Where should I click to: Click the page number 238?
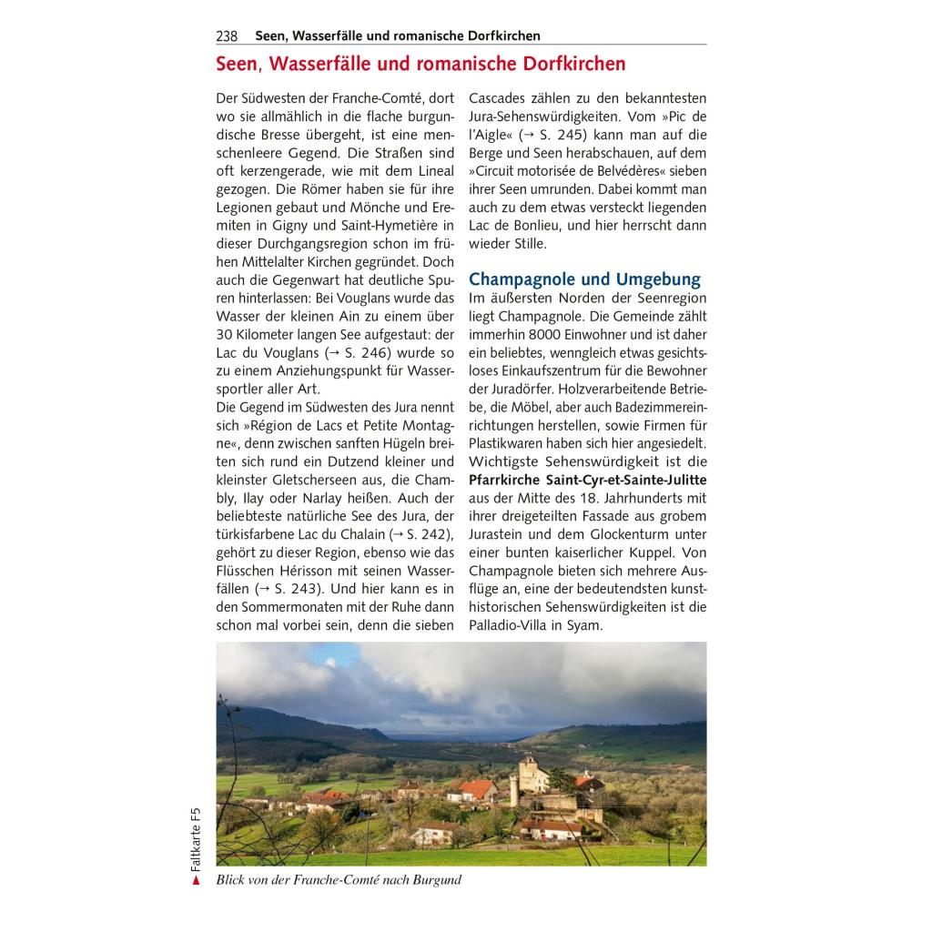(x=227, y=36)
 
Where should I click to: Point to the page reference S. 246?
(x=363, y=352)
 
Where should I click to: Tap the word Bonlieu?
(x=540, y=225)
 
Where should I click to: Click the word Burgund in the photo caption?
(x=435, y=879)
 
